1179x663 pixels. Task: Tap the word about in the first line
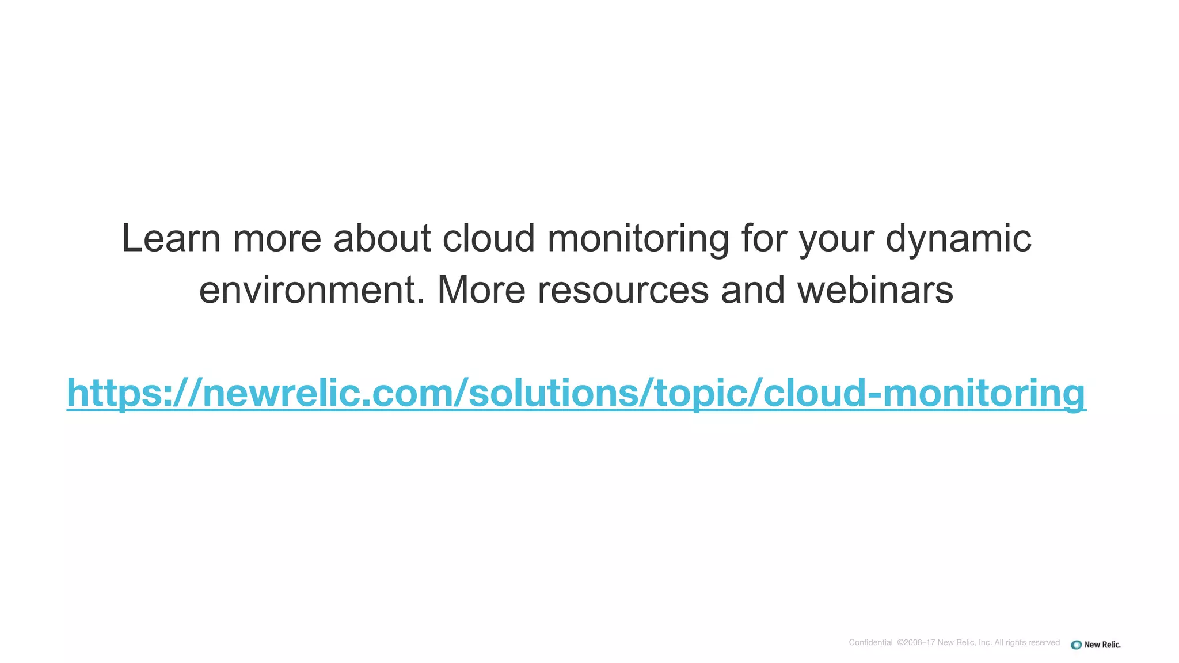(x=382, y=238)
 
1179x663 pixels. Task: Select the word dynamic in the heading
(x=958, y=238)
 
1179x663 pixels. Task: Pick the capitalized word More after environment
(x=481, y=290)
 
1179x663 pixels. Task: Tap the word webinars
(x=875, y=290)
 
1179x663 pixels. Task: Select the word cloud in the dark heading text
(x=489, y=238)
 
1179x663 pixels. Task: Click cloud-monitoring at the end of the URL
(x=924, y=394)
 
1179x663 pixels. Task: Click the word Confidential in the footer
(x=870, y=643)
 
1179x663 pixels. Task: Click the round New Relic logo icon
(x=1076, y=645)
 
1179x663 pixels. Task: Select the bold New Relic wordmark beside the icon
(x=1102, y=645)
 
